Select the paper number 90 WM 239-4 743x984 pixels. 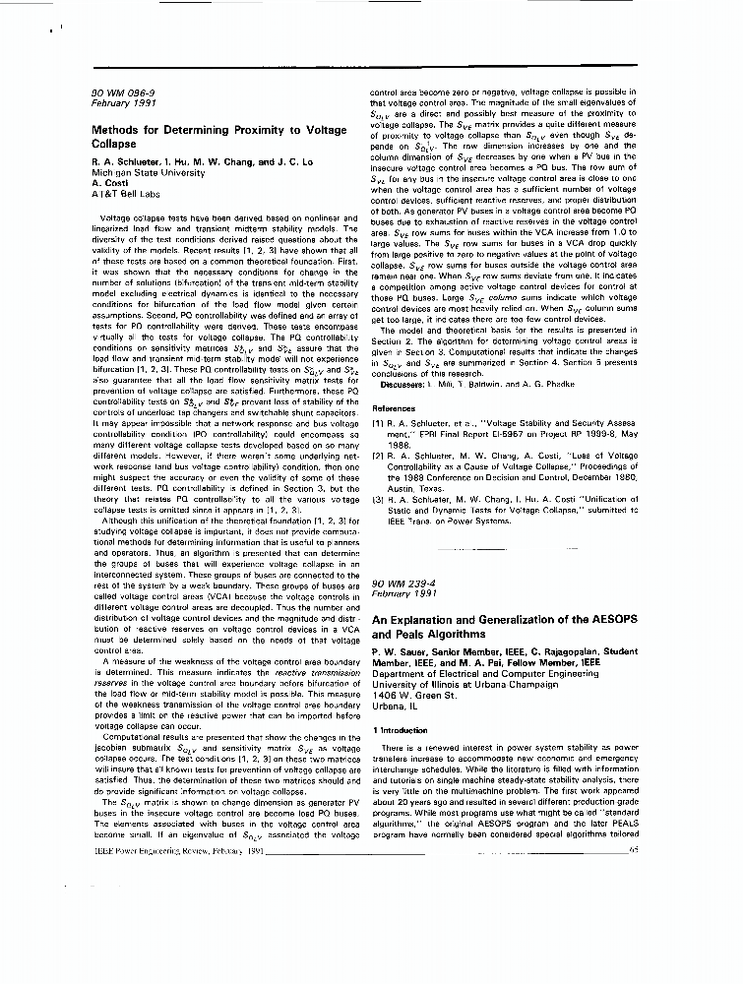point(402,584)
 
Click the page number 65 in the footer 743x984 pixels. point(633,850)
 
